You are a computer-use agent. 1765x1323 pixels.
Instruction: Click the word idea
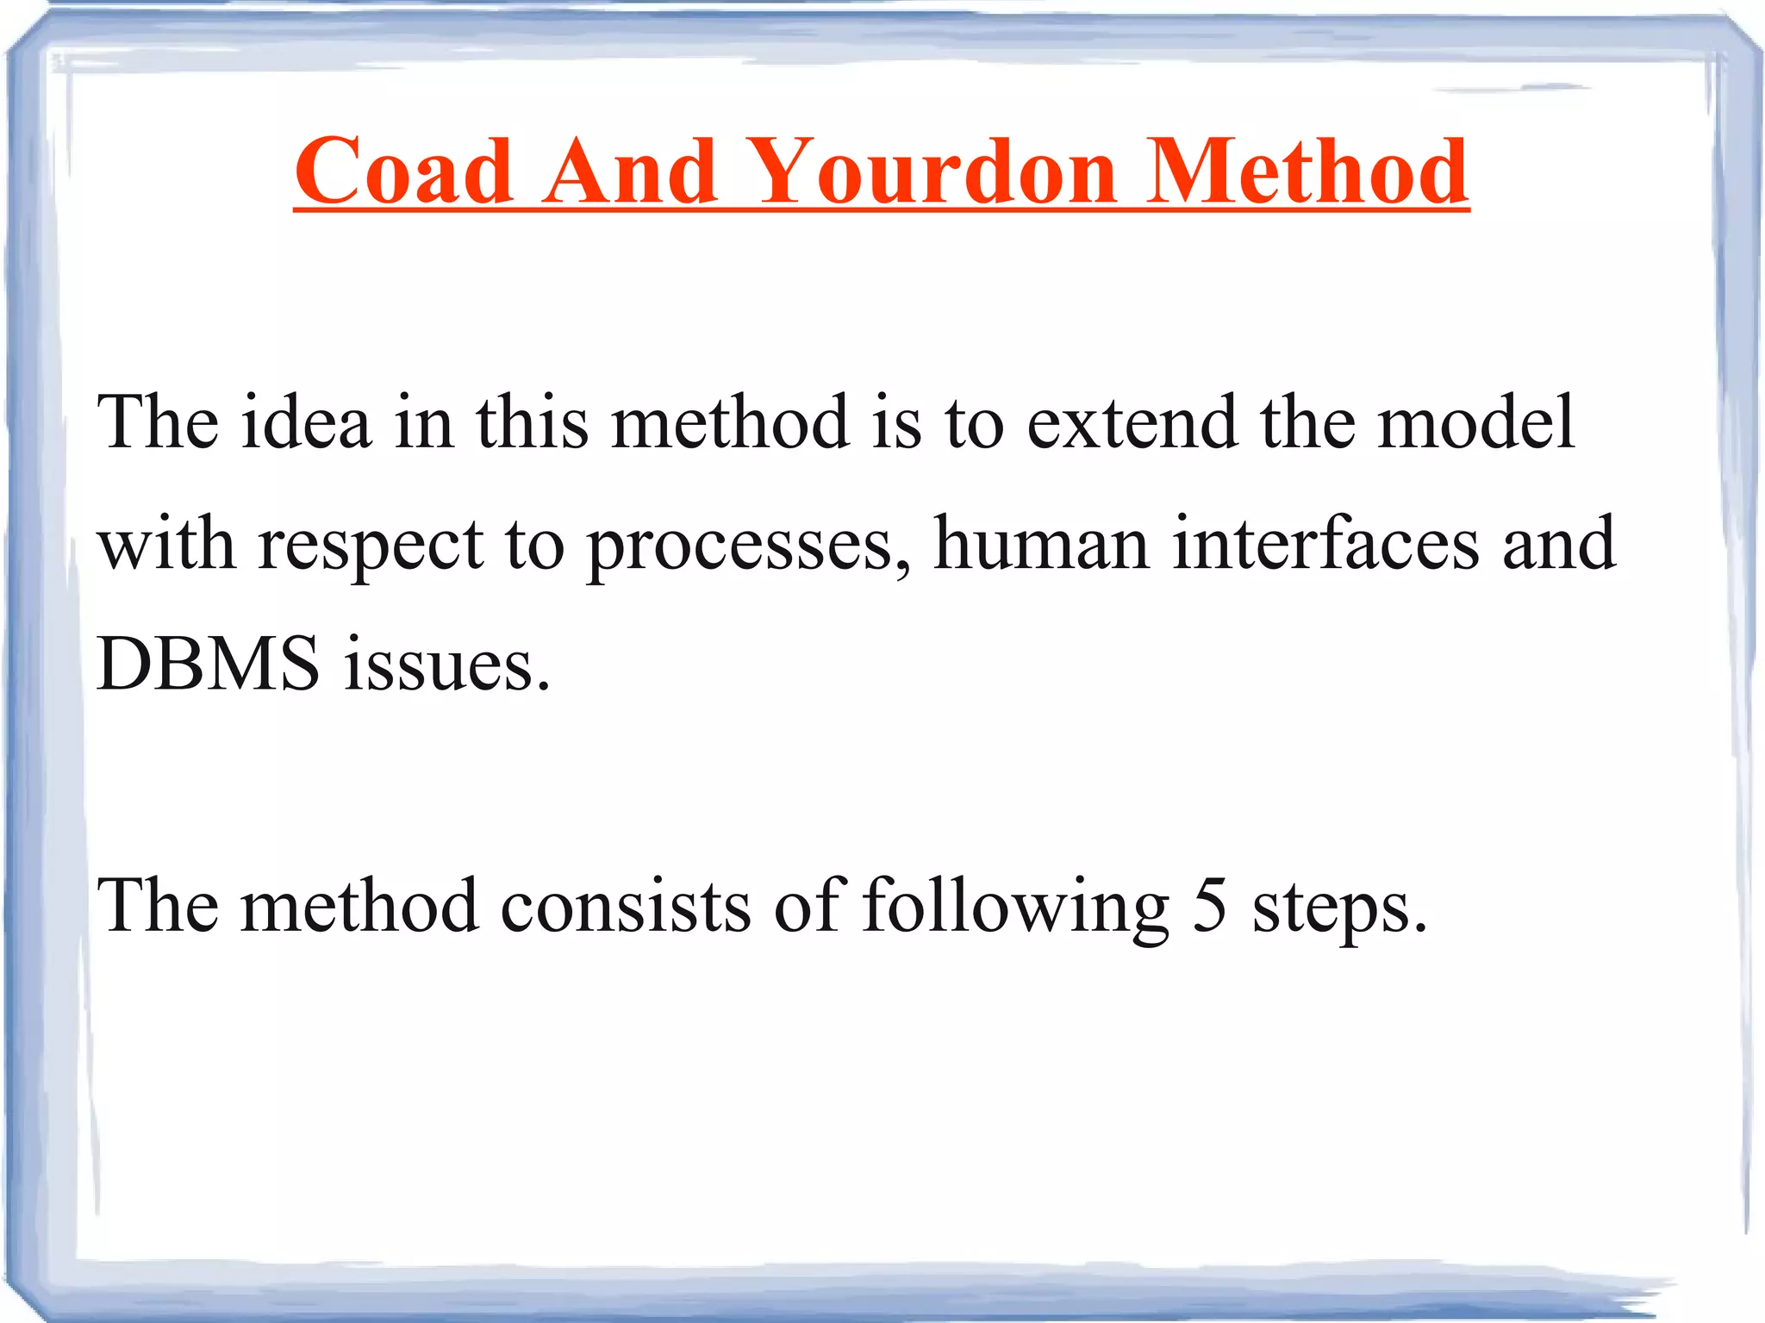(306, 422)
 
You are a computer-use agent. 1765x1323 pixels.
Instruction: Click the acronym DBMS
(208, 665)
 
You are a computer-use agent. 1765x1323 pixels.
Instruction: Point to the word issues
(446, 665)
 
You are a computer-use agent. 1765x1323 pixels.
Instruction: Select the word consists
(626, 906)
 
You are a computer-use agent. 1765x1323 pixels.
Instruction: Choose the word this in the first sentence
(533, 422)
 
